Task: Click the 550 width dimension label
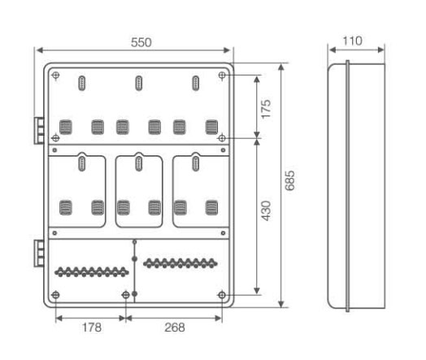click(x=141, y=42)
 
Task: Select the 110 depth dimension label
click(x=352, y=41)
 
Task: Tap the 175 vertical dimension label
click(x=266, y=109)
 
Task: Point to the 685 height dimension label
click(x=289, y=180)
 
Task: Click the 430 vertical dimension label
click(x=266, y=210)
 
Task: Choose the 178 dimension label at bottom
click(x=92, y=327)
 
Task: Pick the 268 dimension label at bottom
click(x=175, y=327)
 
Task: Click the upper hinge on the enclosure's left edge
click(x=39, y=131)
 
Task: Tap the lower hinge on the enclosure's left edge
click(x=39, y=253)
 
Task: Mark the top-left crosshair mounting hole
click(x=56, y=76)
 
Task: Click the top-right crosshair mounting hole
click(x=222, y=76)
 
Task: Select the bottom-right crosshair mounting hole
click(x=222, y=295)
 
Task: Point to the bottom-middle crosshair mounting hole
click(x=125, y=295)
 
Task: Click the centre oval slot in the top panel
click(x=138, y=84)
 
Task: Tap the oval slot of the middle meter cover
click(x=138, y=163)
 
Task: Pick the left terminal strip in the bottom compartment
click(x=92, y=271)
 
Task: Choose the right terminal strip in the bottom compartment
click(x=180, y=263)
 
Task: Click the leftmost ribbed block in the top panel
click(x=66, y=127)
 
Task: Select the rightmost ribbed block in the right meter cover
click(x=211, y=207)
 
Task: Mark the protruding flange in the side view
click(x=347, y=186)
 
